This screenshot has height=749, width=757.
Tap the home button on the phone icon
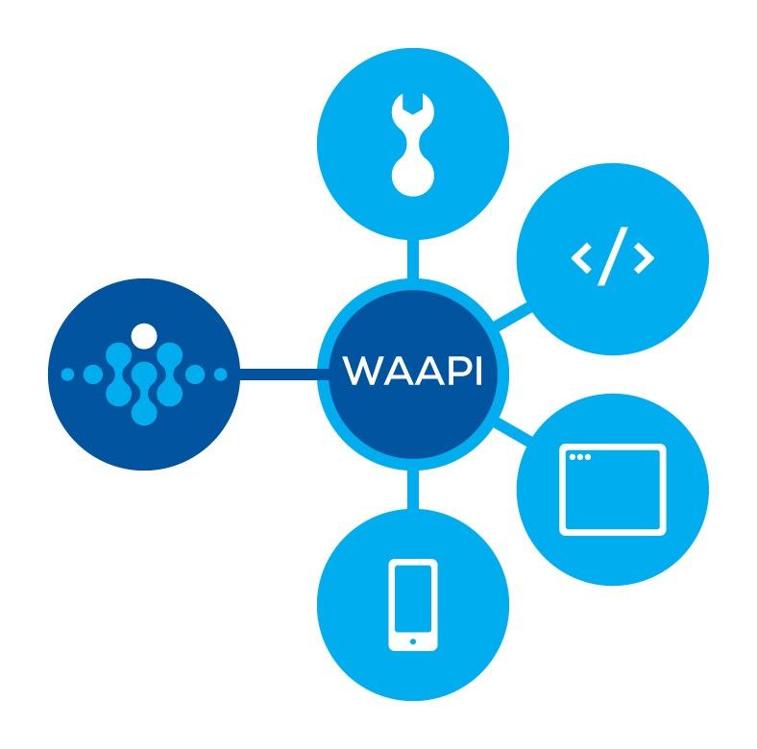click(x=412, y=640)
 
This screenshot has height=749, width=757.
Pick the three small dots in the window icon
click(x=579, y=456)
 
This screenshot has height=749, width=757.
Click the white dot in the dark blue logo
click(x=143, y=336)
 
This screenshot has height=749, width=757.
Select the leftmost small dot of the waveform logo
click(x=67, y=374)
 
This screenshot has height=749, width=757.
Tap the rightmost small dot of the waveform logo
click(x=220, y=374)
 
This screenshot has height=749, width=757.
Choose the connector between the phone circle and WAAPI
click(x=412, y=490)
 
